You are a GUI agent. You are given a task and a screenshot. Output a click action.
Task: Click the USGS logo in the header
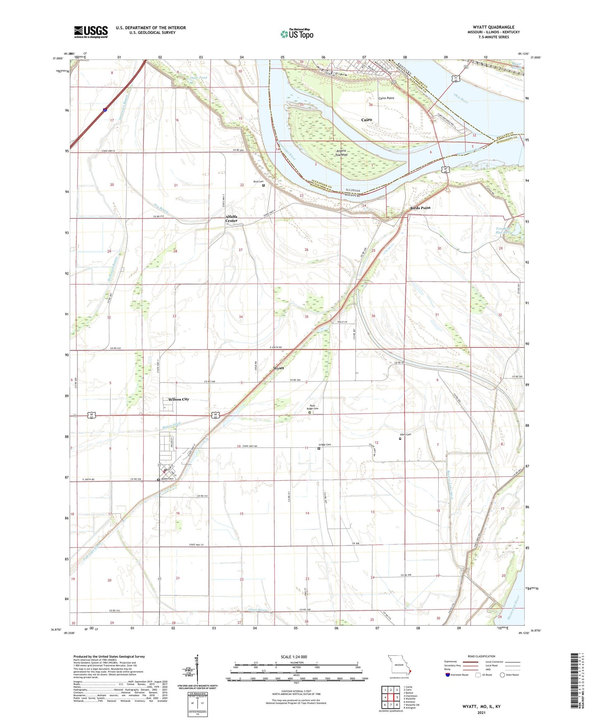coord(91,32)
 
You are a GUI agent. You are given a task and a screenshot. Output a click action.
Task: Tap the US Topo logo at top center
coord(297,34)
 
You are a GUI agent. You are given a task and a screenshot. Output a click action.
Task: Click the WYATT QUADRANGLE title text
coord(493,27)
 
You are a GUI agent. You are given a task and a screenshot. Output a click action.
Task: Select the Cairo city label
coord(366,120)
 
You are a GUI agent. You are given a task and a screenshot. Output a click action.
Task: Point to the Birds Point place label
coord(420,208)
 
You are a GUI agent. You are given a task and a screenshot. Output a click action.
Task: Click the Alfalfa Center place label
coord(231,218)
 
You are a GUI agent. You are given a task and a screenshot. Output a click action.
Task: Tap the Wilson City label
coord(178,399)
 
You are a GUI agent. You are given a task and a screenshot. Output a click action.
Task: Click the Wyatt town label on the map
coord(279,368)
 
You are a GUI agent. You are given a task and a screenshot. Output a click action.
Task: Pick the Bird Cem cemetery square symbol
coord(264,185)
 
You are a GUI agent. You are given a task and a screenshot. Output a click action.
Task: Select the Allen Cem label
coord(405,434)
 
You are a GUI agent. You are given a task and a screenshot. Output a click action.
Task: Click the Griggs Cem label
coord(324,445)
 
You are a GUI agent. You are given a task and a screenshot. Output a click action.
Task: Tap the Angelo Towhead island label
coord(341,152)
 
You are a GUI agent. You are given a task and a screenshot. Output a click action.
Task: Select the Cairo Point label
coord(386,98)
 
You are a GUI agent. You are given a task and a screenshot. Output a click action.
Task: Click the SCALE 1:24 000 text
coord(293,657)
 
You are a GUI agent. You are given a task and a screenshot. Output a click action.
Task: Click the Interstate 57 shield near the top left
coord(105,110)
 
